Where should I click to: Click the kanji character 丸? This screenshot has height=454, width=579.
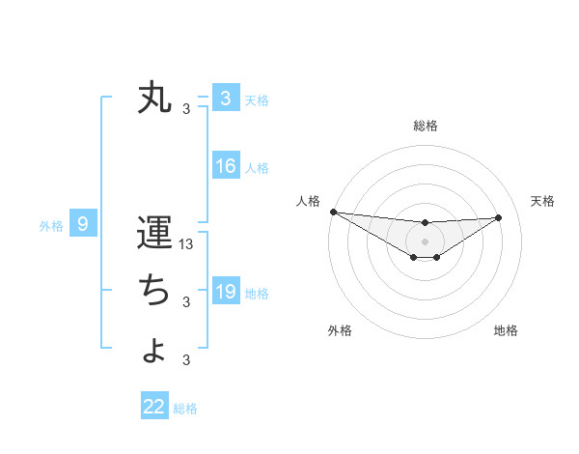154,99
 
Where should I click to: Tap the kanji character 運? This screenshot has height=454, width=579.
154,234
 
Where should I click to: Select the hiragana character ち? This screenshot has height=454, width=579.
154,289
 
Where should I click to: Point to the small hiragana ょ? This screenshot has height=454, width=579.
155,349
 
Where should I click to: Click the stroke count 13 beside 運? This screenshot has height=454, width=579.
187,244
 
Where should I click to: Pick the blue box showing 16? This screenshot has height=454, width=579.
226,166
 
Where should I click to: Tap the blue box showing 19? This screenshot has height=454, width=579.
226,291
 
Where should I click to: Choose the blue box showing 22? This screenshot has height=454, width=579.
154,407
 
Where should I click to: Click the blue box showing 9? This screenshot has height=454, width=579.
83,225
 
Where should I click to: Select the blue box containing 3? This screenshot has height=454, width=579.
226,99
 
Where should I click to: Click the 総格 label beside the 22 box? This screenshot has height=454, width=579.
185,409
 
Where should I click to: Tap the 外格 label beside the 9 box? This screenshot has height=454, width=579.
51,227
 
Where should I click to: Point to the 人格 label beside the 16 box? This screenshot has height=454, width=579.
257,168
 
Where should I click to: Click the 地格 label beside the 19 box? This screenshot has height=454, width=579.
257,293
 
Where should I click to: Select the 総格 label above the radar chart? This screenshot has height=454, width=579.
425,126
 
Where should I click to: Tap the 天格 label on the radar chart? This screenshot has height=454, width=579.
542,201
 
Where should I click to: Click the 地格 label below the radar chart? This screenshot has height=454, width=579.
506,330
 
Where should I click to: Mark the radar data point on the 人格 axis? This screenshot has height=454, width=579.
333,212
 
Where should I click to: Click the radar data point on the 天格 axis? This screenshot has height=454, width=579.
498,217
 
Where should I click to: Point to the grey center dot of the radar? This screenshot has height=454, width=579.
425,241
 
